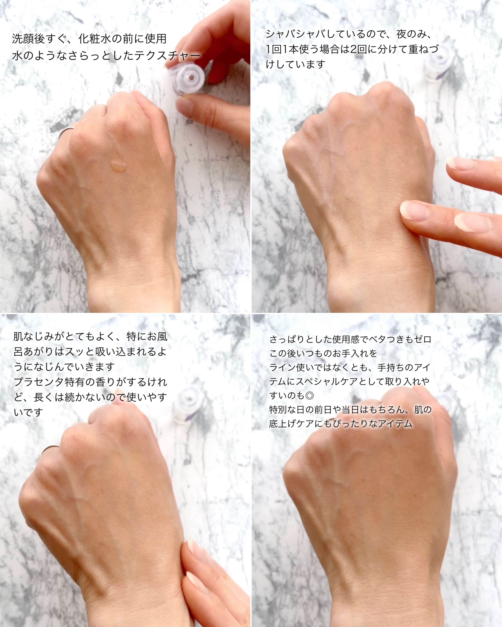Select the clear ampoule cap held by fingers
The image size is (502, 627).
188,78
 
